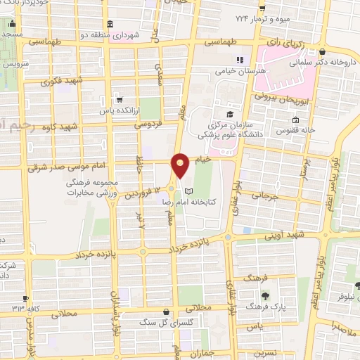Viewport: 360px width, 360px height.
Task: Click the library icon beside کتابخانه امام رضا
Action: (x=188, y=191)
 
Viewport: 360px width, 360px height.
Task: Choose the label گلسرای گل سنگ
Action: (x=165, y=323)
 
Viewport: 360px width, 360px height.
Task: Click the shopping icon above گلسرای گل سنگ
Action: (x=165, y=311)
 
